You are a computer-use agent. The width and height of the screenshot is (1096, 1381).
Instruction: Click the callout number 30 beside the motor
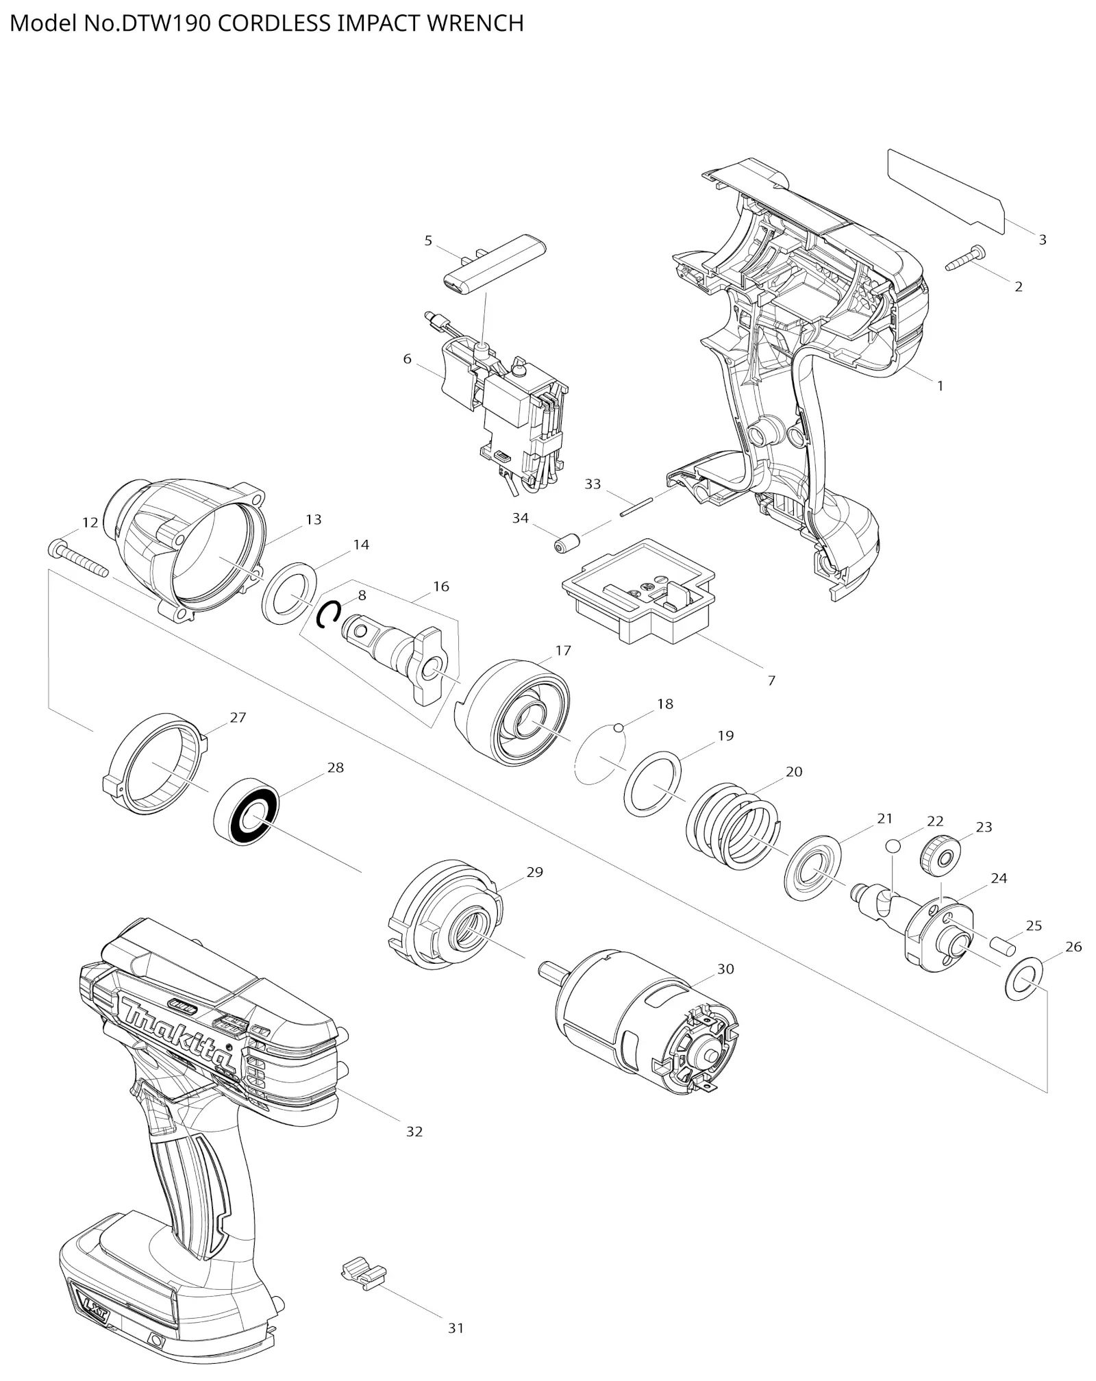[x=725, y=969]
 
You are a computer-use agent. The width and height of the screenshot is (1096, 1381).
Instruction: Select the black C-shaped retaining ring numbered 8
[x=329, y=614]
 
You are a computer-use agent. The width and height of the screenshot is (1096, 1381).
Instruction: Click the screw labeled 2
[x=965, y=258]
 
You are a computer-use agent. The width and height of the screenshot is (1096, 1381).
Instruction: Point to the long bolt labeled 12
[x=79, y=559]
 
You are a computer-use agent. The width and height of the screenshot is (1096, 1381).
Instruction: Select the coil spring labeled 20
[x=732, y=825]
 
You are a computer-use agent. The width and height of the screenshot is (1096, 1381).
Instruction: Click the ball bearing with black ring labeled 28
[x=247, y=811]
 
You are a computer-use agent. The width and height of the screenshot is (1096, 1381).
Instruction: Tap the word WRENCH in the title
[x=475, y=23]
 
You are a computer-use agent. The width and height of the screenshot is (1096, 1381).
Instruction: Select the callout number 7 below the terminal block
[x=771, y=680]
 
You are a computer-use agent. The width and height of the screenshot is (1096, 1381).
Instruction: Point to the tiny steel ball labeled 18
[x=619, y=728]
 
